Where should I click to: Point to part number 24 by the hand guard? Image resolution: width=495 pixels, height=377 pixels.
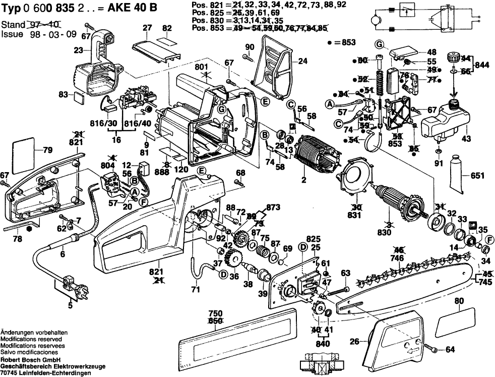pos(302,62)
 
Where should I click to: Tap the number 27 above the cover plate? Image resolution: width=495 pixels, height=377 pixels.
pos(147,28)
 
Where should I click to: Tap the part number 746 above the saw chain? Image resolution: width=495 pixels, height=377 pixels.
pos(398,257)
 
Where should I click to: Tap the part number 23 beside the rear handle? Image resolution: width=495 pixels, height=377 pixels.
pos(78,50)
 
